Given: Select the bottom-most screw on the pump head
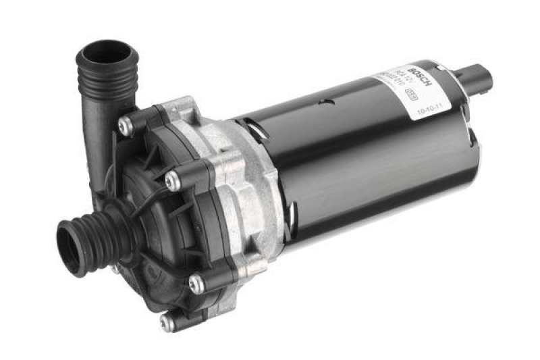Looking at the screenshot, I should [x=166, y=322].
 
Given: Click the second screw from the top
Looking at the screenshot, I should [x=173, y=180].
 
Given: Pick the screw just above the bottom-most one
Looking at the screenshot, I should [x=196, y=284].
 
